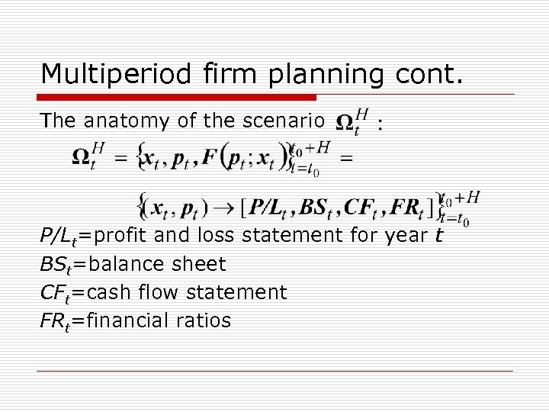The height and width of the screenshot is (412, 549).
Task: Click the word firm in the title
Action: point(222,74)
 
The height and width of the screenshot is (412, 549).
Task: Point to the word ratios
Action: point(204,320)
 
